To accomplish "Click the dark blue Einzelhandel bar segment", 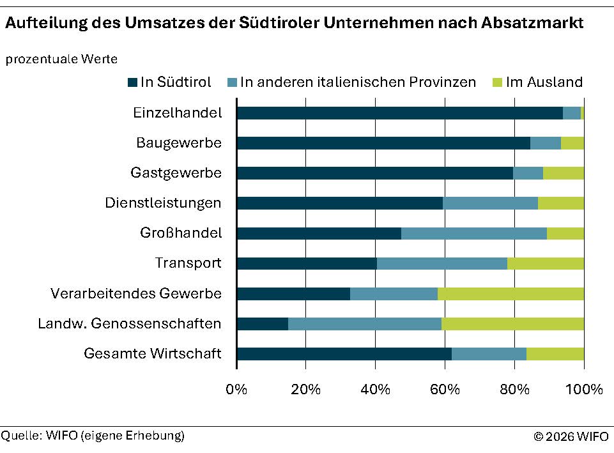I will tap(399, 113).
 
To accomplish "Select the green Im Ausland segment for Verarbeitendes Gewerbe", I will tap(510, 294).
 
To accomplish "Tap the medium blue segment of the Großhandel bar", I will tap(473, 233).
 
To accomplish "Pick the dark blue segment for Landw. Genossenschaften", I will tap(262, 324).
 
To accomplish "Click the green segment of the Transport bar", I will tap(545, 264).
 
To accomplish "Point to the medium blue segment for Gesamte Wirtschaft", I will tap(489, 354).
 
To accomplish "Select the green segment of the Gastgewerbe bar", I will tap(563, 173).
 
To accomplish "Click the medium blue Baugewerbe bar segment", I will tap(545, 143).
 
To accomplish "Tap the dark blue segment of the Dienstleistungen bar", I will tap(339, 203).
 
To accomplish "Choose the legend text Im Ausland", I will tap(544, 82).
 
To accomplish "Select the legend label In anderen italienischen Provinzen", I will tap(358, 82).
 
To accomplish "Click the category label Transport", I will tap(188, 263).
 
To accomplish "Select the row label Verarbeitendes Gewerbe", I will tap(135, 294).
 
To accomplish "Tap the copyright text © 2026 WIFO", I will tap(571, 437).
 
